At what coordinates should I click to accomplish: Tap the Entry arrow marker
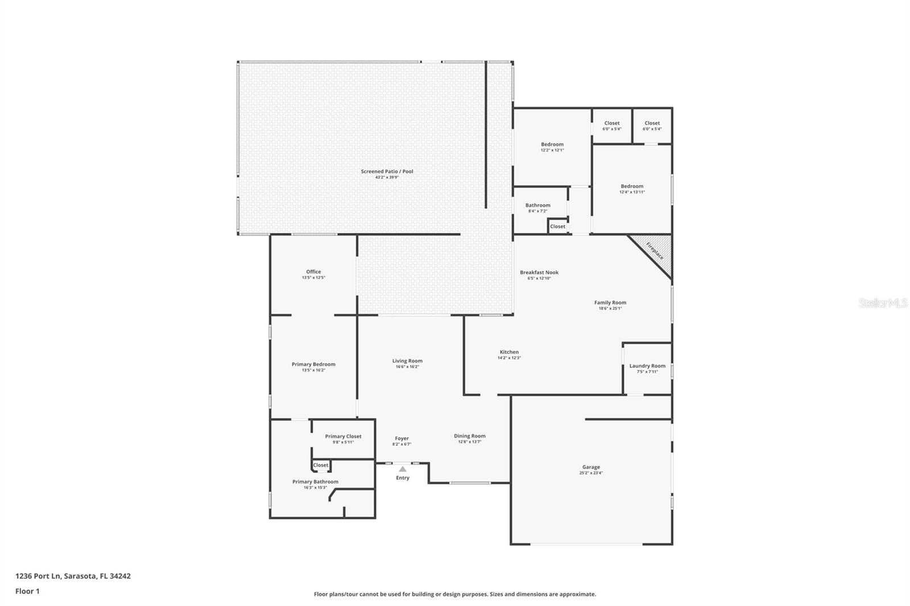(x=402, y=469)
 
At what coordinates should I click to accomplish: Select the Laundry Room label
(x=647, y=366)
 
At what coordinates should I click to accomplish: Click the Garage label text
(x=591, y=467)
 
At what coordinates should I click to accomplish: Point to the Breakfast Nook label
(x=539, y=272)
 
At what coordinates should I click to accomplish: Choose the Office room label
(x=313, y=272)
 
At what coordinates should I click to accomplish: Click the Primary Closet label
(x=343, y=437)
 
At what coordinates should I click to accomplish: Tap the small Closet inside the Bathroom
(x=557, y=226)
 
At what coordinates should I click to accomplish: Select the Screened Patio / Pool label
(x=387, y=171)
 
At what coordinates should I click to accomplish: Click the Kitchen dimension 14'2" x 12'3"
(x=509, y=358)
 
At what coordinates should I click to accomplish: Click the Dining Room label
(x=470, y=436)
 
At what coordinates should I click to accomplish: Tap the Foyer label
(x=402, y=439)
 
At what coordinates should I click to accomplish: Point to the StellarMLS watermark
(x=883, y=303)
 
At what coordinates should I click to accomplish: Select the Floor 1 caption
(x=27, y=591)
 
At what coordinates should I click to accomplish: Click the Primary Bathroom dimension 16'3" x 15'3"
(x=315, y=488)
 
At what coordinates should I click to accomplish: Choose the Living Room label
(x=407, y=361)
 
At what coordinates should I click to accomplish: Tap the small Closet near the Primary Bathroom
(x=321, y=465)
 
